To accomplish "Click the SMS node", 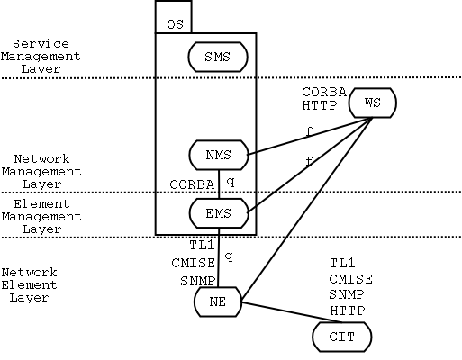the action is click(218, 57).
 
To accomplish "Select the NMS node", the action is click(219, 155).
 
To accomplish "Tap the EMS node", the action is click(219, 213).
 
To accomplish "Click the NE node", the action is click(218, 301).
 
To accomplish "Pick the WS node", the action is click(373, 103).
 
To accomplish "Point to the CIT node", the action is click(342, 337).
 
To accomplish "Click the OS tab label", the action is click(175, 24).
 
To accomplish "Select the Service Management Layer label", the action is click(41, 57).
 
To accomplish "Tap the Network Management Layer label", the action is click(41, 172).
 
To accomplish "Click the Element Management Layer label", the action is click(41, 217).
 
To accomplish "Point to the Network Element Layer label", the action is click(29, 285).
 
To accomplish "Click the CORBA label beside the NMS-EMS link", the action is click(192, 184).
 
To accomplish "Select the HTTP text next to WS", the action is click(320, 105).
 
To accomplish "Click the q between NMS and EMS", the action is click(231, 182).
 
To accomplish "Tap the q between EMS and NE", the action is click(229, 256).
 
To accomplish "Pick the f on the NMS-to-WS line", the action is click(309, 131).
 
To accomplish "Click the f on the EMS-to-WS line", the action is click(309, 162).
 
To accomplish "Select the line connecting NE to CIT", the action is click(292, 312).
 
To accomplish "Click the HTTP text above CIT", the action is click(348, 310).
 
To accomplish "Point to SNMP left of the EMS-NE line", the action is click(198, 281).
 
